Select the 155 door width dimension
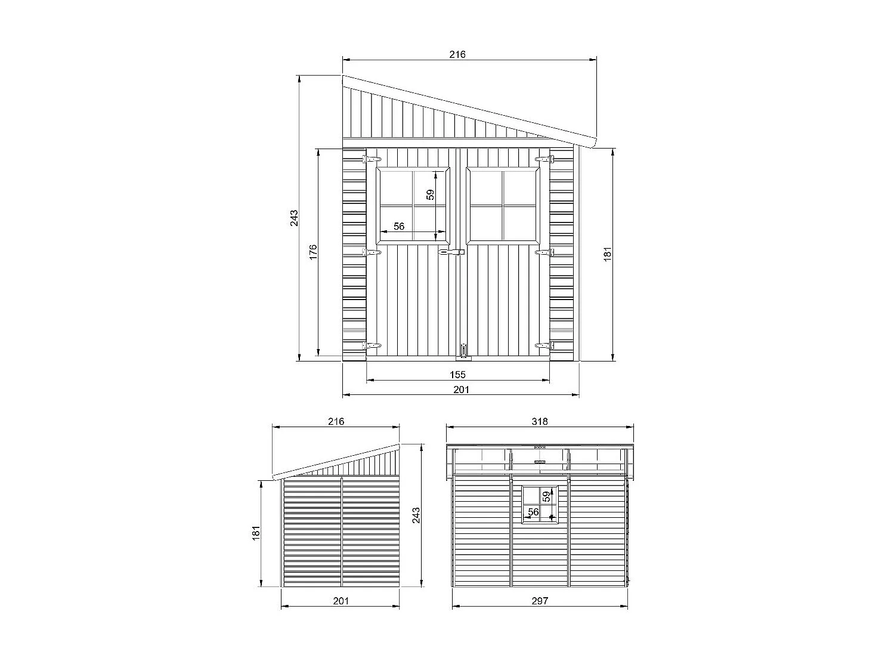coord(457,375)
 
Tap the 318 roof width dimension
coord(540,421)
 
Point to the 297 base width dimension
coord(539,601)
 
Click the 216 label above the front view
coord(457,54)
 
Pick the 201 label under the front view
coord(461,390)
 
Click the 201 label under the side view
coord(340,601)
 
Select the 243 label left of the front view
coord(293,218)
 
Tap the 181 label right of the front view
coord(608,253)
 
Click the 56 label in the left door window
coord(399,226)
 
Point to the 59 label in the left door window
coord(430,194)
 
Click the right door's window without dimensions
coord(503,206)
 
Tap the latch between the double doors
coord(451,254)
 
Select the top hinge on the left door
coord(372,159)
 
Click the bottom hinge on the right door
coord(544,345)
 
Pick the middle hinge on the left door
coord(372,252)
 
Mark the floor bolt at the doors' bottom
coord(463,352)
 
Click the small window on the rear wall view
coord(541,504)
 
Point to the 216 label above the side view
coord(336,421)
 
